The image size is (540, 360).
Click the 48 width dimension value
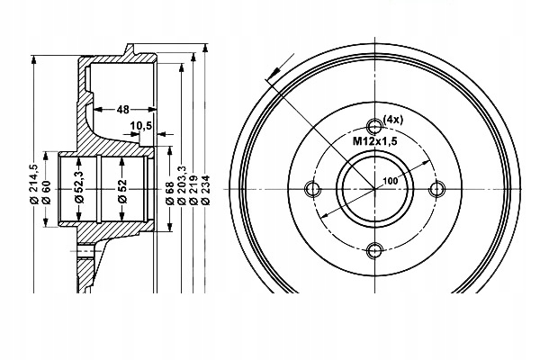click(123, 109)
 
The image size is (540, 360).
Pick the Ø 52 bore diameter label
click(123, 191)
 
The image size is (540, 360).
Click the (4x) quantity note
click(393, 120)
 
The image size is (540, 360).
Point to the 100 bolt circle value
click(390, 181)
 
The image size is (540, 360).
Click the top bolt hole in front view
click(375, 127)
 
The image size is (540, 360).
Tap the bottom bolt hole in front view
click(375, 251)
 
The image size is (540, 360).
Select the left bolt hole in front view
click(313, 189)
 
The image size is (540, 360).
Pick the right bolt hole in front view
click(438, 189)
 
